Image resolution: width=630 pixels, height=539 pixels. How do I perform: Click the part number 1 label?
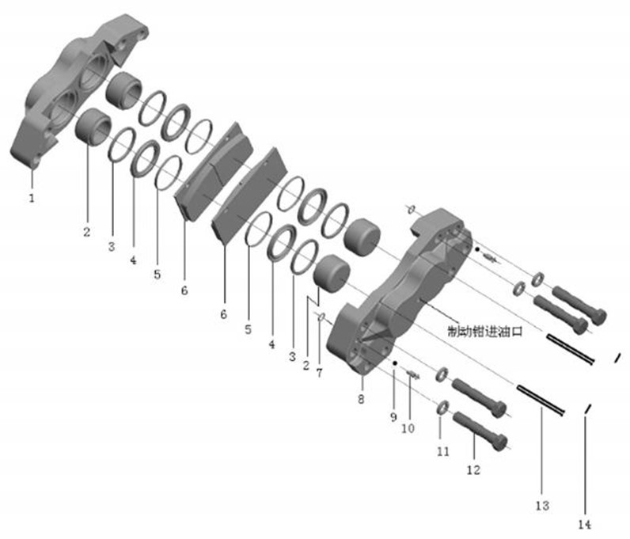click(32, 198)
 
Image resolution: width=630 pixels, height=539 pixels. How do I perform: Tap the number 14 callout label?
click(585, 525)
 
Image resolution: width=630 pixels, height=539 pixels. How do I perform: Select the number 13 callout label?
click(542, 505)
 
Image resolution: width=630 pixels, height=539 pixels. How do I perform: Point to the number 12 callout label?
click(473, 469)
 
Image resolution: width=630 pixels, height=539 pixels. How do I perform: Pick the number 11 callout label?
click(442, 451)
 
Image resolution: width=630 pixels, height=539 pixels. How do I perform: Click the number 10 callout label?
click(408, 428)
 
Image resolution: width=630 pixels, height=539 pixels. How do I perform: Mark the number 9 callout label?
click(393, 417)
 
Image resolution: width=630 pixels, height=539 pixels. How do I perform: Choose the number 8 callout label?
click(361, 399)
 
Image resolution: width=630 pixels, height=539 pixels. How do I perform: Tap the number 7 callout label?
click(319, 373)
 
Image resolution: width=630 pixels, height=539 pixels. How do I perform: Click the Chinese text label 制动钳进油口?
click(485, 332)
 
